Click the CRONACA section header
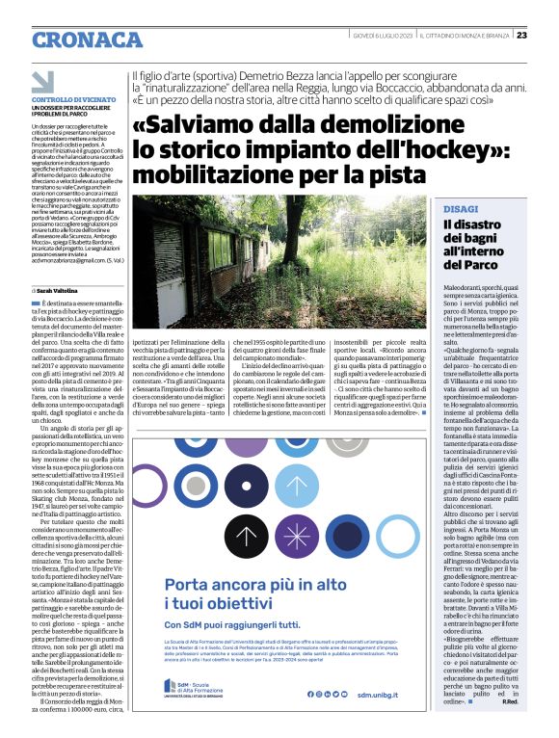[87, 40]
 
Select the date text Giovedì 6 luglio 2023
[383, 35]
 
